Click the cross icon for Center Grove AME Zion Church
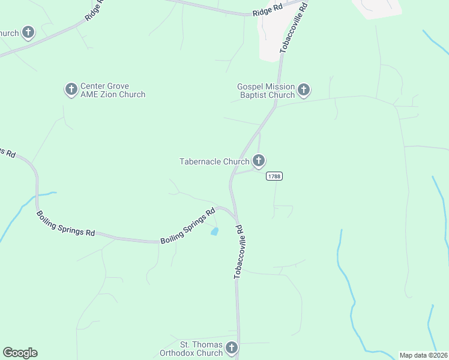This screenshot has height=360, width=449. pos(71,90)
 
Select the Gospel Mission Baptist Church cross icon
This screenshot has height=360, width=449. pos(304,91)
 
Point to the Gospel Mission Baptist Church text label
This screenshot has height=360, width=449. pos(266,91)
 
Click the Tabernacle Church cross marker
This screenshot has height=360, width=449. pos(259,161)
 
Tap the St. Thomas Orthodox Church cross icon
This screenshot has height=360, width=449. pos(232,348)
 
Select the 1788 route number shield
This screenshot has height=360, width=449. pos(274,176)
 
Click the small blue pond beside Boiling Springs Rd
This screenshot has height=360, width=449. pos(214,232)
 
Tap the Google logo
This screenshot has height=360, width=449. pos(20,353)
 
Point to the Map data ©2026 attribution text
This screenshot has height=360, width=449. pos(423,355)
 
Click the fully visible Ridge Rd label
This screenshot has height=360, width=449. pos(267,10)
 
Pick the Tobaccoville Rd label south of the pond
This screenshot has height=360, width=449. pos(238,251)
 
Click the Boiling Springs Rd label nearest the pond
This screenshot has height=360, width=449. pos(187,226)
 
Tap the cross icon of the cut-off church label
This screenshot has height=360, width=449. pos(28,32)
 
